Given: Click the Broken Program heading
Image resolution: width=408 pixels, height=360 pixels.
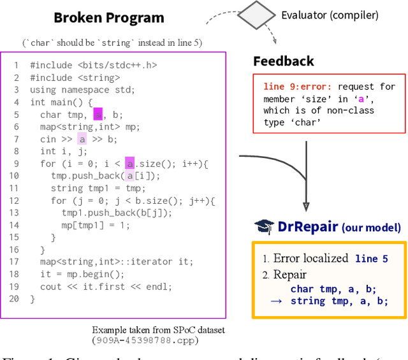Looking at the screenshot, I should tap(108, 18).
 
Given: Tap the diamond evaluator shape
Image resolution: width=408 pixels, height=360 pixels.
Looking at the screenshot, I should tap(258, 14).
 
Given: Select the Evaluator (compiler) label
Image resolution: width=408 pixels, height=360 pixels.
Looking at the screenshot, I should tap(330, 15).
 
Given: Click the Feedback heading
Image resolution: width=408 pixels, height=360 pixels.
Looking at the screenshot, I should tap(283, 61).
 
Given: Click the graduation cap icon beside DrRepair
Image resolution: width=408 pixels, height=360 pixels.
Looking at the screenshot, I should tap(264, 226).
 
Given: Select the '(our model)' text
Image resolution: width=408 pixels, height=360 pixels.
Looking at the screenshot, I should tap(372, 227).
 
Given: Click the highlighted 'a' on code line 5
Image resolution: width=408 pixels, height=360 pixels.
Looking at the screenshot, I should tap(98, 115).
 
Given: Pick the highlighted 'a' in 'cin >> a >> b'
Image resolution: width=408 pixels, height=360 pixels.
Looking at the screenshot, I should tap(82, 140).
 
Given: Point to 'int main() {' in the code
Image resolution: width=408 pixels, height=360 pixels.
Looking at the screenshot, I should tap(61, 102).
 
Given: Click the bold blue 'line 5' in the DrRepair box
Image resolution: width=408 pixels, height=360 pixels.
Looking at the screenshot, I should tap(372, 259).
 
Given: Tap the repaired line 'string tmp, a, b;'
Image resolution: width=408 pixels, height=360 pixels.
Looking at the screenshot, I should tap(339, 301).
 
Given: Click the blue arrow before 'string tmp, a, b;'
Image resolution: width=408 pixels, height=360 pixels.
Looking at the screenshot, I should tap(276, 301).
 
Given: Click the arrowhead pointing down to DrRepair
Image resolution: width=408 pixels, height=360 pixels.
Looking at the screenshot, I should tap(306, 206).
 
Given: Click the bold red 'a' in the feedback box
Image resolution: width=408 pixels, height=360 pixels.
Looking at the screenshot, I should tap(361, 99).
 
